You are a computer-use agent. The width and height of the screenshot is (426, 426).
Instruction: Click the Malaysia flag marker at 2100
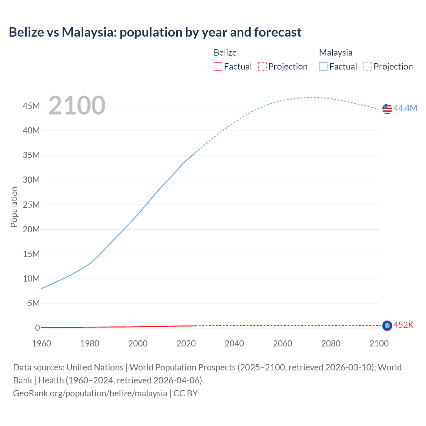tap(387, 108)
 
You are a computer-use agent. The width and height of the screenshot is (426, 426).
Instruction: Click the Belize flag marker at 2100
tap(387, 325)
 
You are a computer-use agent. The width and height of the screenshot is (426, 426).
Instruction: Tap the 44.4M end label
tap(405, 108)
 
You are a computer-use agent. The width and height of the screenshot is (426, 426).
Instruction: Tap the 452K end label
tap(403, 325)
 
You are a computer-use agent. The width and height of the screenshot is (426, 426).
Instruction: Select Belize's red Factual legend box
tap(218, 66)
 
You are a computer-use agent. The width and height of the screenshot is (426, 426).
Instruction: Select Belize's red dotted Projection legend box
tap(262, 66)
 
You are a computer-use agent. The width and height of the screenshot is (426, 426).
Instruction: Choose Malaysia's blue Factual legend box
tap(323, 66)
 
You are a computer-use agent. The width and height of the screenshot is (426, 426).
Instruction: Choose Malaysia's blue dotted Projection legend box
tap(367, 66)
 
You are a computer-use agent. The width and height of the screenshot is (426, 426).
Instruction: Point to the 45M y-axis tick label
tap(31, 106)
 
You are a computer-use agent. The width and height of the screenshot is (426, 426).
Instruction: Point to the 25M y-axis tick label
tap(31, 205)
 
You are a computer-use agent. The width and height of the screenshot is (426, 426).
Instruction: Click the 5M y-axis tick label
tap(34, 303)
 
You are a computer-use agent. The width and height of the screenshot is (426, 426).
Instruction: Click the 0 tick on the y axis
tap(37, 328)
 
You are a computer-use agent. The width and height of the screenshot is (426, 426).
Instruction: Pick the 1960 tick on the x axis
tap(42, 343)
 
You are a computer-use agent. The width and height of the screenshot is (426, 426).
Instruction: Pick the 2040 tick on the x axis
tap(234, 343)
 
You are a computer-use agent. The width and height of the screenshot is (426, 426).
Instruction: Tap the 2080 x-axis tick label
tap(331, 343)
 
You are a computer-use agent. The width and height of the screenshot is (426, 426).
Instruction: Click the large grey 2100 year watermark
tap(77, 106)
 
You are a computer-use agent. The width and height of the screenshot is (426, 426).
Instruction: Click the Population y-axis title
tap(14, 207)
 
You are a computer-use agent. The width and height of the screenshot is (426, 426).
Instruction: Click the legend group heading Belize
tap(225, 53)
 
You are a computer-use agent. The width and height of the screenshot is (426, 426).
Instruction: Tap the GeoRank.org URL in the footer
tap(90, 393)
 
